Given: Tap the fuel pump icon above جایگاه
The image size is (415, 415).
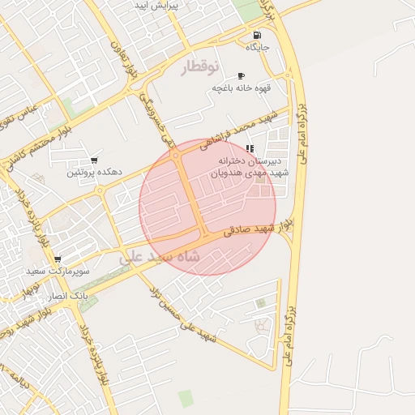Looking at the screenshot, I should click(x=257, y=35).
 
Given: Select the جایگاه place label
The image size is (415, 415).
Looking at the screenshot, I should click(x=258, y=48).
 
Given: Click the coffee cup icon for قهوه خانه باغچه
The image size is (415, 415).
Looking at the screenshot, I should click(x=241, y=75).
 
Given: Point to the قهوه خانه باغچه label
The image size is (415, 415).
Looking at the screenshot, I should click(x=241, y=88).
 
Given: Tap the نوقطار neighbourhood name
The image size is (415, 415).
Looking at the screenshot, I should click(x=199, y=67).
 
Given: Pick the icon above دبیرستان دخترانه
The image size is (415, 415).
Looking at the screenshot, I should click(x=250, y=148).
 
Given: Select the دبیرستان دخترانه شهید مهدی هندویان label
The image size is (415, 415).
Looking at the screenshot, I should click(x=250, y=167).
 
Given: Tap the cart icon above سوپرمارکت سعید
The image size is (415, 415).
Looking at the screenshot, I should click(x=58, y=259).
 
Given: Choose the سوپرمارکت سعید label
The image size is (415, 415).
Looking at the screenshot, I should click(x=58, y=272).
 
